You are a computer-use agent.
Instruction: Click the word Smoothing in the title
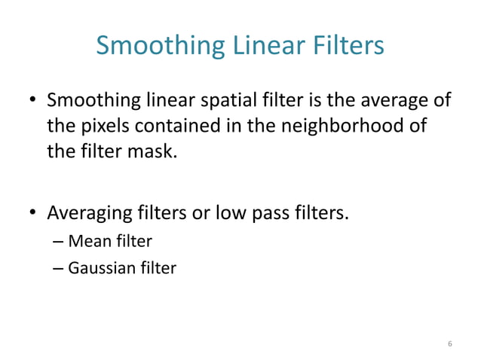point(158,47)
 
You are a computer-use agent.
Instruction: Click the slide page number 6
point(450,343)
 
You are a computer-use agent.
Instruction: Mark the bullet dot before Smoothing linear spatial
point(32,101)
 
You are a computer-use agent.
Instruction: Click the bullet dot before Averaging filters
point(32,215)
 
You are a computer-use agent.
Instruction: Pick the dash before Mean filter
point(60,242)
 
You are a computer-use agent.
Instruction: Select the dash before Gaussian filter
point(60,267)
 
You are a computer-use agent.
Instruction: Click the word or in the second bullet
point(201,214)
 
